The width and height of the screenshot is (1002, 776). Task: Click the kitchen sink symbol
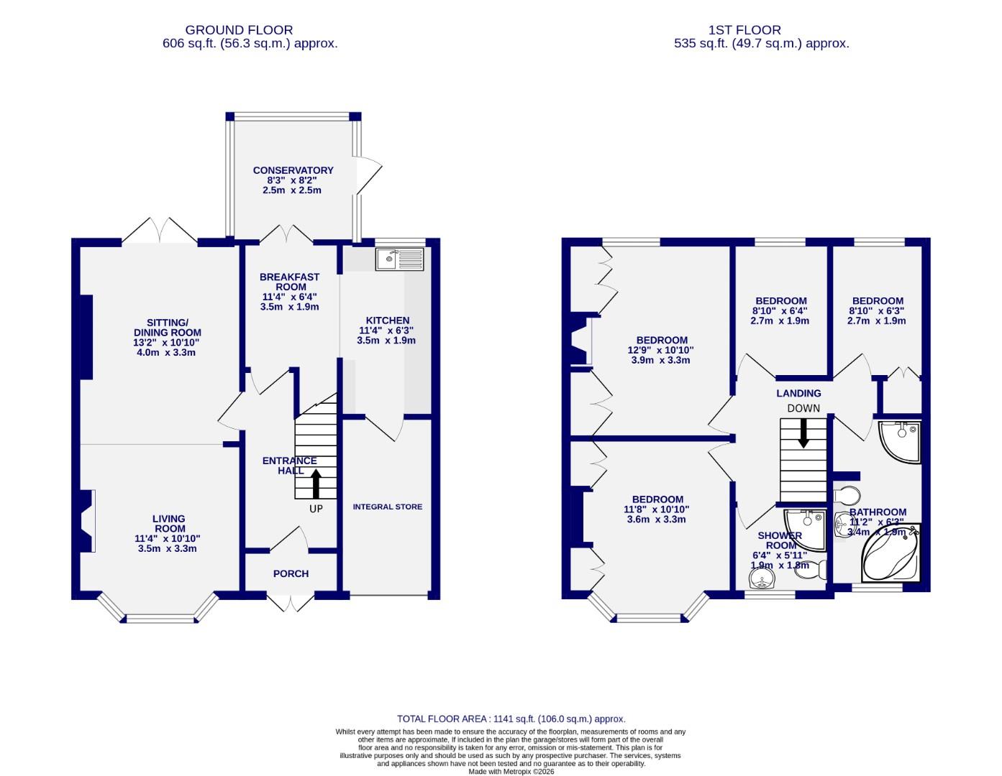click(x=401, y=259)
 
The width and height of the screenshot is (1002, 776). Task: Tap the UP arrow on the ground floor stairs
click(x=316, y=484)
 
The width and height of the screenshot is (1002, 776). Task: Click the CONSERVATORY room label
click(x=293, y=170)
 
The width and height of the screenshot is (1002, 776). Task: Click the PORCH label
click(x=291, y=573)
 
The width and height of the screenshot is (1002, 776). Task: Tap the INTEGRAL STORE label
click(x=387, y=507)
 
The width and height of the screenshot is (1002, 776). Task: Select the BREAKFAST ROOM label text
click(x=289, y=282)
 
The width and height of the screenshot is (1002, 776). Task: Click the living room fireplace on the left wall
click(x=86, y=521)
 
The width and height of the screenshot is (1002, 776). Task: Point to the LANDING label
click(x=798, y=393)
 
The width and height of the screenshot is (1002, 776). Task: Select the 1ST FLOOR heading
click(x=744, y=30)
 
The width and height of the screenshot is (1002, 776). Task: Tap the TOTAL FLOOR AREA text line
click(x=511, y=719)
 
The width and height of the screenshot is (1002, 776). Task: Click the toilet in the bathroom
click(x=847, y=496)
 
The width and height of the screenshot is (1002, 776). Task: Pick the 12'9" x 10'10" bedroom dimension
click(x=662, y=351)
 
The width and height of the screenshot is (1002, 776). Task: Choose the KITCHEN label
click(x=388, y=320)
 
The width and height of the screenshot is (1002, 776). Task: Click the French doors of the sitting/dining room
click(x=160, y=231)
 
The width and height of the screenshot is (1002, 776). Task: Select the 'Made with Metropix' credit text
click(x=511, y=772)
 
